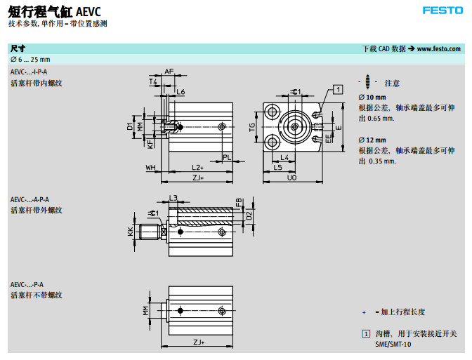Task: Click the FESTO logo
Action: point(442,10)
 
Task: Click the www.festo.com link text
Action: point(439,49)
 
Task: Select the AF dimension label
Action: point(169,72)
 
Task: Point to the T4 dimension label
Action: point(153,81)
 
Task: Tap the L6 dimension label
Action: point(181,92)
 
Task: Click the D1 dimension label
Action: point(130,126)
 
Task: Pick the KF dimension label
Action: point(150,142)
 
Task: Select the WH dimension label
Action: point(150,168)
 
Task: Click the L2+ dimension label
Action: point(198,168)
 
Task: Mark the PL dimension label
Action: point(226,157)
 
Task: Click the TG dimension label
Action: point(251,127)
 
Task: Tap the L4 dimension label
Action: point(285,157)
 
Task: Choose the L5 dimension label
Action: point(277,168)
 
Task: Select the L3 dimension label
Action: point(173,198)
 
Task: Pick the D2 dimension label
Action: point(249,214)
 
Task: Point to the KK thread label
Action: point(130,230)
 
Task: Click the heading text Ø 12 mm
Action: point(372,140)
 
